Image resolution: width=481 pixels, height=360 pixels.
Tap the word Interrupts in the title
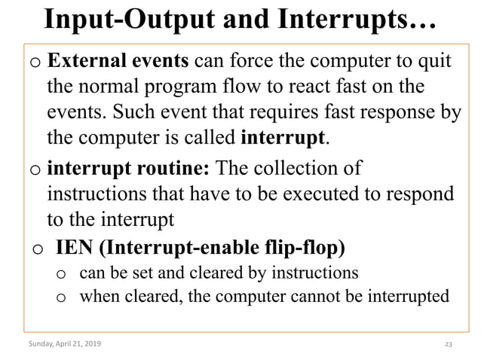pyautogui.click(x=352, y=20)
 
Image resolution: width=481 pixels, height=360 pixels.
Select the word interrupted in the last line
pyautogui.click(x=402, y=296)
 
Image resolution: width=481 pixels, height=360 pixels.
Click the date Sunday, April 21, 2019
pyautogui.click(x=64, y=344)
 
